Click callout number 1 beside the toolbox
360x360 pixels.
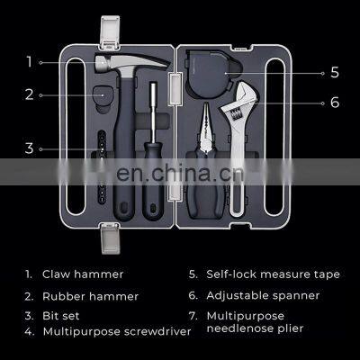pos(29,62)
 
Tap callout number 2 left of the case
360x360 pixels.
pos(29,93)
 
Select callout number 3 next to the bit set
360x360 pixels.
pos(29,148)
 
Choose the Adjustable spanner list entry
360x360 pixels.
pos(261,294)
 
